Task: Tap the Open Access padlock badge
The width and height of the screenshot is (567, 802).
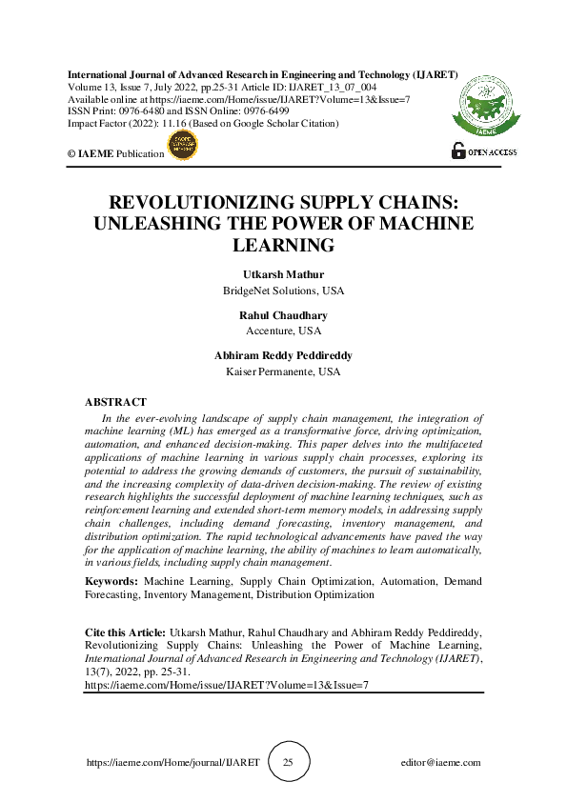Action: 484,151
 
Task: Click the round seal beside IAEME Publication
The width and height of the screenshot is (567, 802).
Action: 183,146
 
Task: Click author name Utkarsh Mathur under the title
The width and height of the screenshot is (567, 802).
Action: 283,275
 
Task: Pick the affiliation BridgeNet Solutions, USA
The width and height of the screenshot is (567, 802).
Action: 283,290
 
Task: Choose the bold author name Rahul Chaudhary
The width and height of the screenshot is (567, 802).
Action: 283,316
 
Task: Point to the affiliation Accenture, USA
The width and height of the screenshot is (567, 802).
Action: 283,331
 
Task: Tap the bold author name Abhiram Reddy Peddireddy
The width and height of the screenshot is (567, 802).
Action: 283,356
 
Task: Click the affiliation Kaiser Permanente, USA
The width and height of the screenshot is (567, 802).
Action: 283,371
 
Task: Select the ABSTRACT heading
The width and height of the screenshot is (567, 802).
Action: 115,403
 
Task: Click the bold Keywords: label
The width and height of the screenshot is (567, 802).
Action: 111,580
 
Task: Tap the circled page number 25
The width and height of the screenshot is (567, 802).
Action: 289,763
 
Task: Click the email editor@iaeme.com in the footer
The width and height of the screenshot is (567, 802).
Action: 441,763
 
